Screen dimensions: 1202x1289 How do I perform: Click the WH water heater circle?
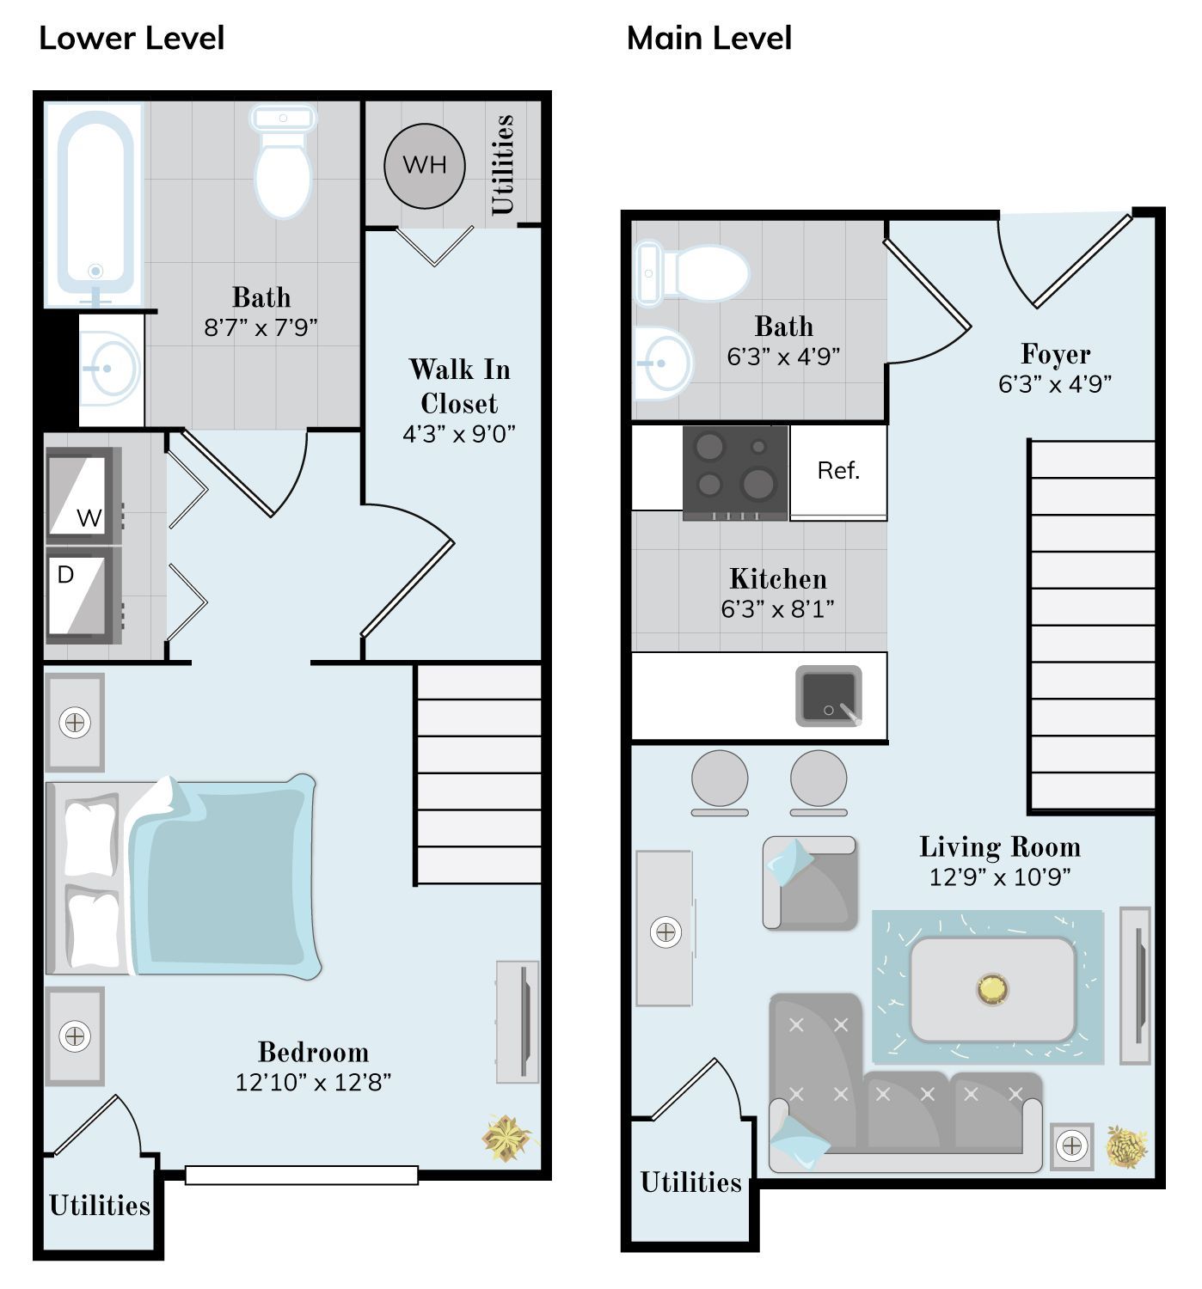[x=424, y=166]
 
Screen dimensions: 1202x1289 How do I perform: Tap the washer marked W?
[x=83, y=496]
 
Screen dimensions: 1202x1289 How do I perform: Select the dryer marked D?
[x=83, y=595]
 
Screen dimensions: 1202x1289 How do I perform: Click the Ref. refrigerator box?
[x=837, y=471]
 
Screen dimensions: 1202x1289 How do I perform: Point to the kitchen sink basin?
[x=828, y=695]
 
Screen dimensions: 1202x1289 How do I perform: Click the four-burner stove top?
[x=735, y=473]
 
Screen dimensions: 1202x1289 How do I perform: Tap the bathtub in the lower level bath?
[x=95, y=205]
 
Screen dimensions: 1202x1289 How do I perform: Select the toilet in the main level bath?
[x=691, y=272]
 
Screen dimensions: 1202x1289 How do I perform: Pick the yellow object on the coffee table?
[x=991, y=990]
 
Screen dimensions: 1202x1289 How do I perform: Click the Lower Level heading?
[x=132, y=39]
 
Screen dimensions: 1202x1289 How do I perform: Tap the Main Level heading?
[x=708, y=39]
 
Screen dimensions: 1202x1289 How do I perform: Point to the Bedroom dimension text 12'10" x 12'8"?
[x=312, y=1082]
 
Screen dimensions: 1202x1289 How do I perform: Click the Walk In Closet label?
[x=459, y=386]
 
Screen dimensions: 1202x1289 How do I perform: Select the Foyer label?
[x=1054, y=354]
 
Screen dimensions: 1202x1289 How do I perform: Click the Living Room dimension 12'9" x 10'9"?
[x=999, y=877]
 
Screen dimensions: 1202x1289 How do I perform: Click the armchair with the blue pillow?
[x=810, y=883]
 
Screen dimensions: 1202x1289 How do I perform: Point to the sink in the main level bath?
[x=663, y=363]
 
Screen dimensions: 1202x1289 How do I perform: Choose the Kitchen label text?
[x=777, y=579]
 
